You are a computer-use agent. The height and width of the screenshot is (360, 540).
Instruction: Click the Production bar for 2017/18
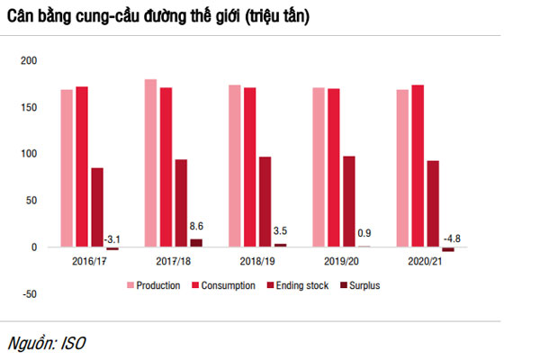(x=150, y=163)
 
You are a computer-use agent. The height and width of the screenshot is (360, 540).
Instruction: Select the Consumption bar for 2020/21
(x=417, y=166)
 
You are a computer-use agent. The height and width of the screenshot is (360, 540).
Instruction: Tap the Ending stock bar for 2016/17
(x=97, y=207)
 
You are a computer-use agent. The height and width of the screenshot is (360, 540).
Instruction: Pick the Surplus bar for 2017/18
(x=196, y=242)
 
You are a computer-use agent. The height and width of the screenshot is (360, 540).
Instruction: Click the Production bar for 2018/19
(x=234, y=166)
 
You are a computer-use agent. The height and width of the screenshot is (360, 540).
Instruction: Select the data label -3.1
(x=113, y=238)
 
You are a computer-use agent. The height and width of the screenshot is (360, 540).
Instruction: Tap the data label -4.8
(x=448, y=238)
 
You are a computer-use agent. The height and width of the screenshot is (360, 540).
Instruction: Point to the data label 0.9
(x=364, y=234)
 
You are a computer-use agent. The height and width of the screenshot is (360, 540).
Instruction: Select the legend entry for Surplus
(x=365, y=285)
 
